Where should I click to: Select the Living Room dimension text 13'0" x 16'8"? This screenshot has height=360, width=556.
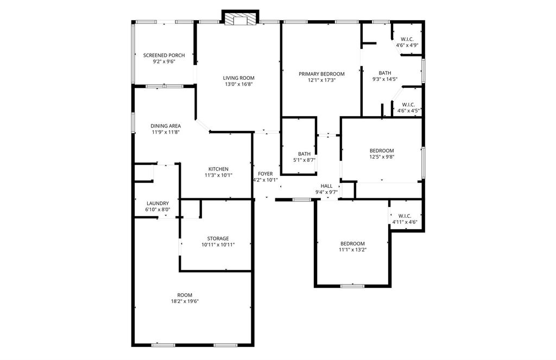pos(239,84)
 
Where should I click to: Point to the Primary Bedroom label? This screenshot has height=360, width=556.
pos(321,74)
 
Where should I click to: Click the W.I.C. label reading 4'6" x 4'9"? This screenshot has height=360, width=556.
pos(407,42)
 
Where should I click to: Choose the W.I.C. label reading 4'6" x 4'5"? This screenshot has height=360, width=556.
pos(408,108)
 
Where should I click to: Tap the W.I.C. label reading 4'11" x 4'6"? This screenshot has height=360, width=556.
pos(405,219)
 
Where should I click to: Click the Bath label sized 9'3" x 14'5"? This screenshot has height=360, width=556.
pos(385,76)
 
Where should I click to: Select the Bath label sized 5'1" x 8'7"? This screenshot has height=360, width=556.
pos(304,157)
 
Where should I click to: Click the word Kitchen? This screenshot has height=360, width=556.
pos(218,169)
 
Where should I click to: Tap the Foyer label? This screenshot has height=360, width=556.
pos(265,174)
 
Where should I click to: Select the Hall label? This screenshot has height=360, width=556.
pos(326,186)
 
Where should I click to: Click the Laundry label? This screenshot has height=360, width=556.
pos(158,203)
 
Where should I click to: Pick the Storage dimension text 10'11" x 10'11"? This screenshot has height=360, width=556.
pos(218,245)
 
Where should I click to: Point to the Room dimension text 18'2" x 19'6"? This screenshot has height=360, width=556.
pos(185,301)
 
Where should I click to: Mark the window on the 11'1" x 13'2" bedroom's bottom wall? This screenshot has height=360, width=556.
pos(352,286)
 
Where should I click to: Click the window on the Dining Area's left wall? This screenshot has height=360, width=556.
pos(133,123)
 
